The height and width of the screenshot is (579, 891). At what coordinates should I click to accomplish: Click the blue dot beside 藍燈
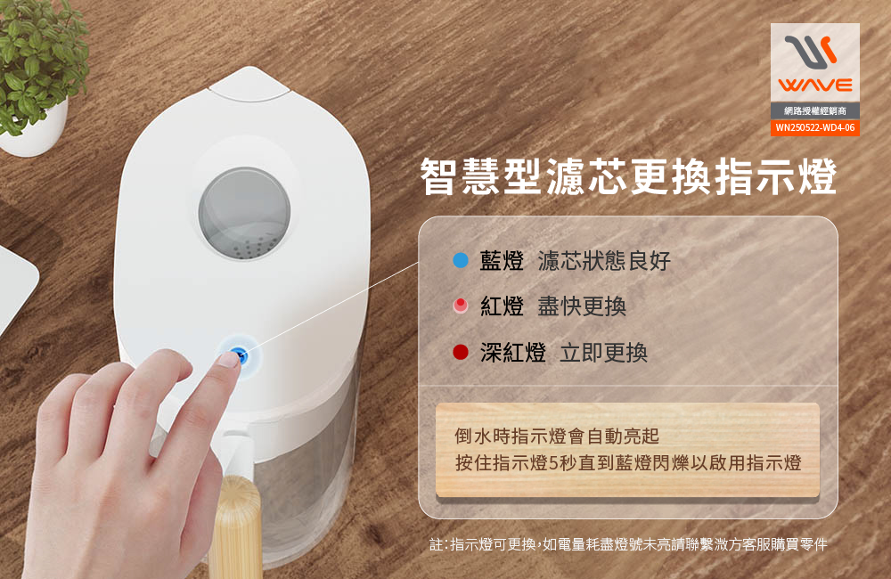pyautogui.click(x=461, y=260)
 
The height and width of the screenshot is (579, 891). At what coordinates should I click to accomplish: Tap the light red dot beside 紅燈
pyautogui.click(x=461, y=306)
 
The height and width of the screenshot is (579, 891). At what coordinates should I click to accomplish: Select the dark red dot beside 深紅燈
pyautogui.click(x=461, y=352)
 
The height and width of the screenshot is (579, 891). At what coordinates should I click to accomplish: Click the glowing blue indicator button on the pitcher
pyautogui.click(x=241, y=355)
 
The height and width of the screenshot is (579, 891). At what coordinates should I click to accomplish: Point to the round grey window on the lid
pyautogui.click(x=244, y=214)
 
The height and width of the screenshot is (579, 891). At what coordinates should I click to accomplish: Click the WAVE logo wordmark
pyautogui.click(x=815, y=86)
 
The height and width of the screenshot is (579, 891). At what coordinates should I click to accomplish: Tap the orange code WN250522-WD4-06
pyautogui.click(x=815, y=128)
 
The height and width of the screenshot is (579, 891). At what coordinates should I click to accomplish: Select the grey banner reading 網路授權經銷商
pyautogui.click(x=815, y=110)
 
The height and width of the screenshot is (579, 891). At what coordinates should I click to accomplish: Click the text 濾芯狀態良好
pyautogui.click(x=604, y=261)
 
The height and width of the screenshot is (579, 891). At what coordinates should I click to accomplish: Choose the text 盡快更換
pyautogui.click(x=582, y=306)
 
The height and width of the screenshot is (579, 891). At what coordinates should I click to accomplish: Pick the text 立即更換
pyautogui.click(x=603, y=353)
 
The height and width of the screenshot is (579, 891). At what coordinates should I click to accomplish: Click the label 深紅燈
pyautogui.click(x=513, y=353)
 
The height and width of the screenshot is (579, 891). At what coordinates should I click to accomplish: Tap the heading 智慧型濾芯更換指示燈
pyautogui.click(x=628, y=176)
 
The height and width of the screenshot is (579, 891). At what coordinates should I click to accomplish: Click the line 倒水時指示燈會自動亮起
pyautogui.click(x=557, y=436)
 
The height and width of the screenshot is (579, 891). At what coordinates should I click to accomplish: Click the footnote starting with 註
pyautogui.click(x=628, y=544)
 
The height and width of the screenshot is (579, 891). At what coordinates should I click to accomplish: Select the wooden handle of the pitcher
pyautogui.click(x=235, y=526)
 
